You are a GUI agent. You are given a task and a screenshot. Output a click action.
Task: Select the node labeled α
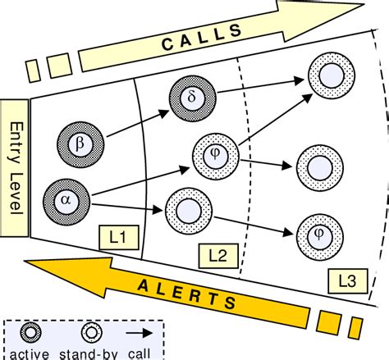coord(66,198)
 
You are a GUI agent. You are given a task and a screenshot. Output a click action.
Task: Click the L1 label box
coord(116,237)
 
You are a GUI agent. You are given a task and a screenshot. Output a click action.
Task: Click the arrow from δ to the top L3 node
coord(254,89)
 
